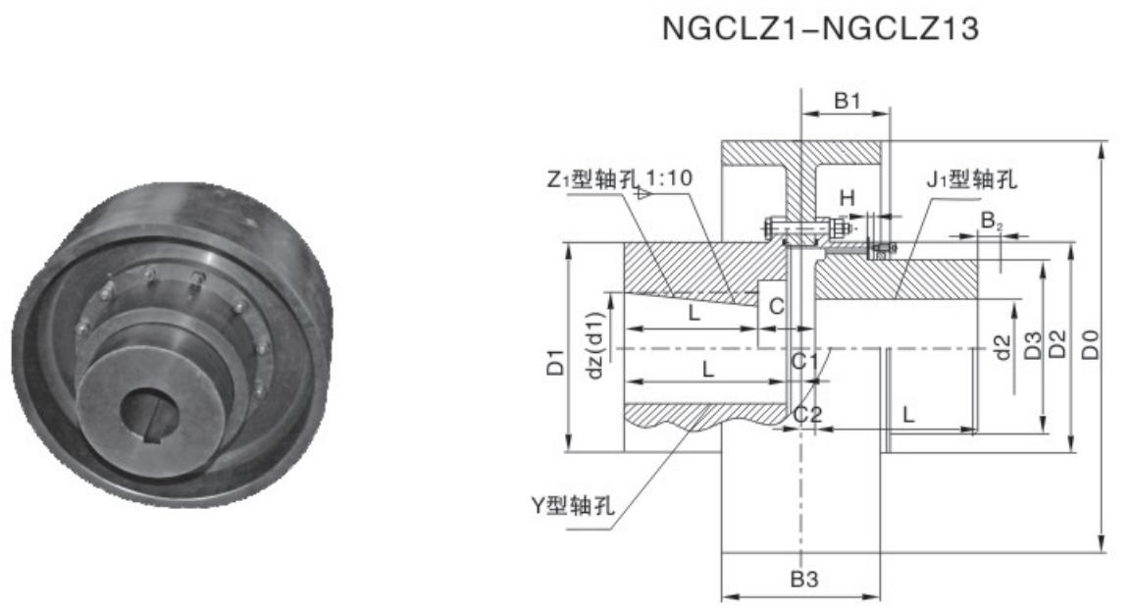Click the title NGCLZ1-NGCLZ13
pos(820,29)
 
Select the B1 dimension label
pos(847,100)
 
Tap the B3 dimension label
pos(804,579)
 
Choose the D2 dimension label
pos(1057,345)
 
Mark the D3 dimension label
pos(1031,345)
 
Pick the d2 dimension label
pos(1002,345)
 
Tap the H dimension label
pos(847,198)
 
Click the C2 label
pos(807,414)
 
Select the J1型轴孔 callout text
pos(972,178)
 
